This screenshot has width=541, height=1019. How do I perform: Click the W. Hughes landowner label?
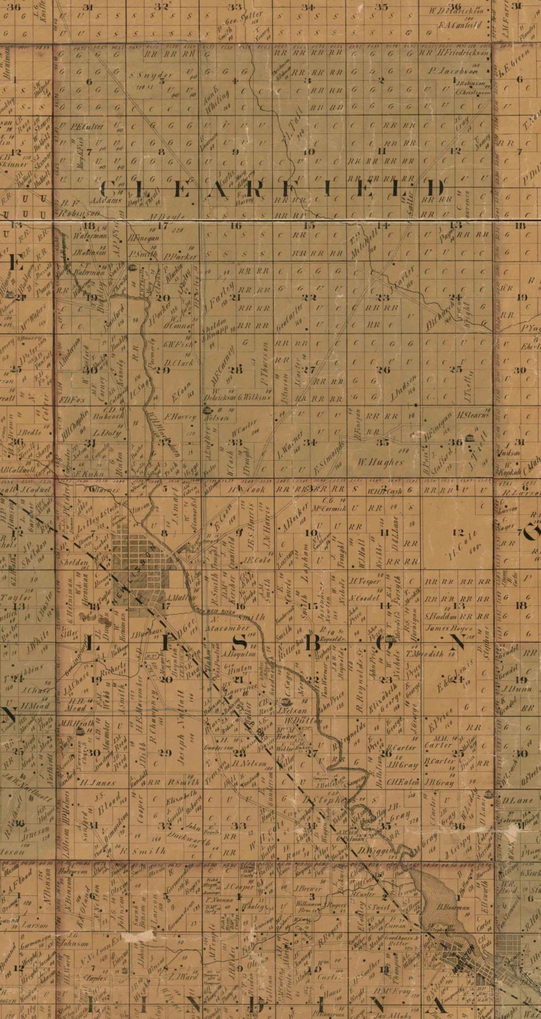381,463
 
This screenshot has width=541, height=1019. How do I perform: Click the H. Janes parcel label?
90,781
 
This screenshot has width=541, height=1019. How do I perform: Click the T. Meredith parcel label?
424,654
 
